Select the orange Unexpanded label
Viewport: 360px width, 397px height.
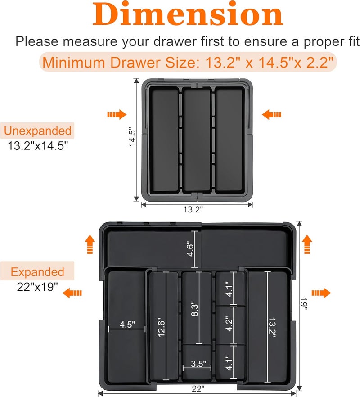click(x=38, y=131)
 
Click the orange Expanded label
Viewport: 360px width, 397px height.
click(x=38, y=272)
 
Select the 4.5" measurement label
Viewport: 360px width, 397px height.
click(x=127, y=325)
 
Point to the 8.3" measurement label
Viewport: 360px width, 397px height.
click(x=195, y=310)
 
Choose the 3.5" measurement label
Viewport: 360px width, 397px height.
click(x=197, y=364)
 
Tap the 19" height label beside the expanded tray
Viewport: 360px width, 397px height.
click(x=305, y=305)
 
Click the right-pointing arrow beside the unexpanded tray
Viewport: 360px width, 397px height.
click(x=117, y=115)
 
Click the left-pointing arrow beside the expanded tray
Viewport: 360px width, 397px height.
click(x=72, y=293)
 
